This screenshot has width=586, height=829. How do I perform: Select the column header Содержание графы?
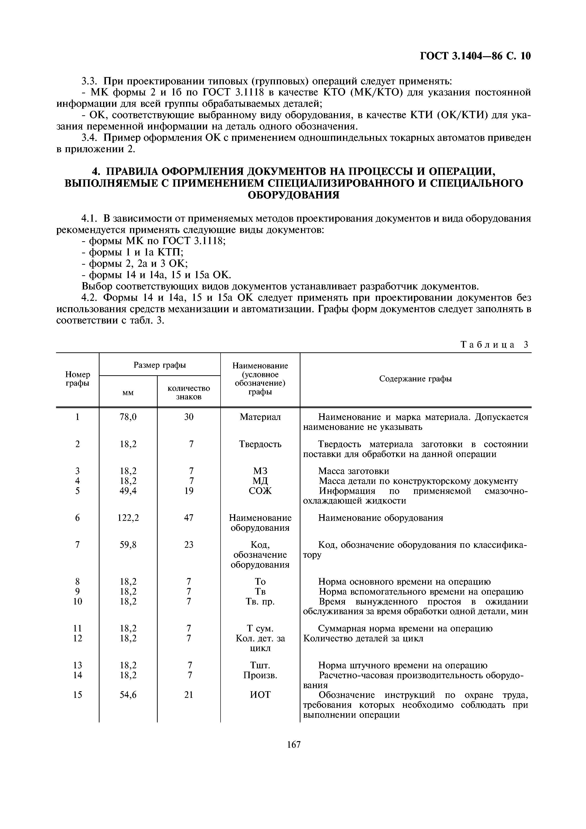pyautogui.click(x=415, y=379)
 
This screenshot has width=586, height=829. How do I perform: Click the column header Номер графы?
pyautogui.click(x=78, y=379)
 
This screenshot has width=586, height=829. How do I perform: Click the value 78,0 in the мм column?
pyautogui.click(x=128, y=417)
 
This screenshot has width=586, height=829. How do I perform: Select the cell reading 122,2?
pyautogui.click(x=128, y=518)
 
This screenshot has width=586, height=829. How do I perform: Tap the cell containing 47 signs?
pyautogui.click(x=188, y=518)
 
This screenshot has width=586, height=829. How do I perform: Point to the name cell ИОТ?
pyautogui.click(x=260, y=695)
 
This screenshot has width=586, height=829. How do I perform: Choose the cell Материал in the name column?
pyautogui.click(x=260, y=417)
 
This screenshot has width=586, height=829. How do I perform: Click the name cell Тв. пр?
pyautogui.click(x=260, y=601)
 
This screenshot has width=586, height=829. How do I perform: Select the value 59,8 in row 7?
pyautogui.click(x=128, y=544)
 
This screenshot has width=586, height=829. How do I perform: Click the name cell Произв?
pyautogui.click(x=260, y=675)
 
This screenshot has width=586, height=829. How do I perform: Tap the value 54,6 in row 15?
pyautogui.click(x=128, y=695)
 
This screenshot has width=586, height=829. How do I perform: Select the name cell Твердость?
pyautogui.click(x=260, y=444)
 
